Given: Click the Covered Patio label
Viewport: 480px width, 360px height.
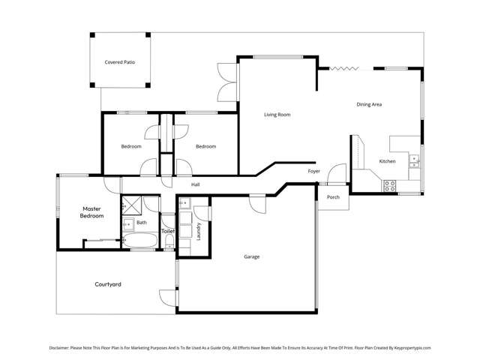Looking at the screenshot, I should pyautogui.click(x=120, y=62).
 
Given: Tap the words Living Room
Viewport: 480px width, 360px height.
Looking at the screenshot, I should pyautogui.click(x=277, y=115).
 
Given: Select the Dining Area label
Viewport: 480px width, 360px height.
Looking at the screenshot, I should pyautogui.click(x=369, y=104).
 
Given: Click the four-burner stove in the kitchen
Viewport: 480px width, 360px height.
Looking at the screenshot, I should pyautogui.click(x=390, y=185).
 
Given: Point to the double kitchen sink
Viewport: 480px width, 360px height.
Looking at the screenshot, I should pyautogui.click(x=413, y=158).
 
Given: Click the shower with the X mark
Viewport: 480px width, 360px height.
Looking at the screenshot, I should pyautogui.click(x=132, y=205).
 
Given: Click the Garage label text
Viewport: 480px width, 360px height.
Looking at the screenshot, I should pyautogui.click(x=251, y=256).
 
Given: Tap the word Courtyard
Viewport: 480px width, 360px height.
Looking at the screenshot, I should pyautogui.click(x=108, y=284).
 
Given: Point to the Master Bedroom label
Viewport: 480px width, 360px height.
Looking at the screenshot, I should pyautogui.click(x=91, y=212).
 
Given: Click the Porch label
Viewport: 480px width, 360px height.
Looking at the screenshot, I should pyautogui.click(x=333, y=197).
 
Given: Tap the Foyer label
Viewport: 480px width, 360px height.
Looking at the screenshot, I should pyautogui.click(x=314, y=171).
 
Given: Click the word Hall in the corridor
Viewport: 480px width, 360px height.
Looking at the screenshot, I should pyautogui.click(x=195, y=184).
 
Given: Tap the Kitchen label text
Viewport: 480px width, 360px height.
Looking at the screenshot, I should pyautogui.click(x=387, y=161).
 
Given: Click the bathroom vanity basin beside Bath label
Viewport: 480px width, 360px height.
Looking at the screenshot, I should pyautogui.click(x=127, y=223).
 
